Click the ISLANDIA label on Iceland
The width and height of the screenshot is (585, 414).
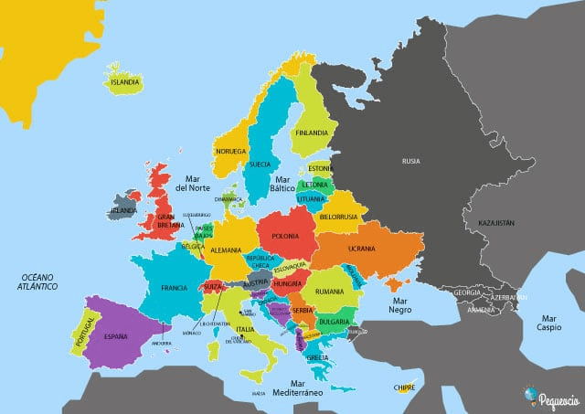point(125,81)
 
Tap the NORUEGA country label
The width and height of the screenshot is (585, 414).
point(231,151)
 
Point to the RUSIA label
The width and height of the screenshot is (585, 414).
point(411,161)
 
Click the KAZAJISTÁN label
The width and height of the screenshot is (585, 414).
point(491,222)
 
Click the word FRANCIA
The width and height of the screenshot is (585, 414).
point(174,288)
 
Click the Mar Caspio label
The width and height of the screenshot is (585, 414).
point(549,321)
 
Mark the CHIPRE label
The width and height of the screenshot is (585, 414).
point(404,387)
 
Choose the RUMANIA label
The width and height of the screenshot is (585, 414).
point(328,292)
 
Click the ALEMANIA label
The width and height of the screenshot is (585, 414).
point(225,249)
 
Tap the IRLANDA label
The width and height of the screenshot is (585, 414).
point(122,210)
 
